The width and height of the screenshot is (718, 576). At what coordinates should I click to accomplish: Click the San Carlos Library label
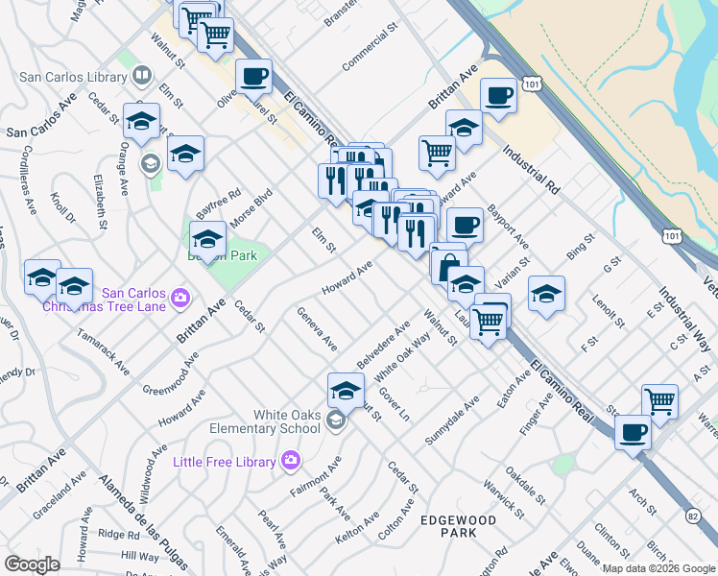point(73,77)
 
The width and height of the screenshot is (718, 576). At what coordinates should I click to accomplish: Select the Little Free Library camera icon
point(290,462)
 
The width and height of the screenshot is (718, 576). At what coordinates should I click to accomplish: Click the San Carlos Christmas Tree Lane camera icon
point(179,300)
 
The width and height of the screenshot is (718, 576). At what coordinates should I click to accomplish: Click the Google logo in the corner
point(32,564)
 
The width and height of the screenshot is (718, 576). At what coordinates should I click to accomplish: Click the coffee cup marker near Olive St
point(253,77)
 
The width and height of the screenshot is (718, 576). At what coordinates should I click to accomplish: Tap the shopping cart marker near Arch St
point(659,401)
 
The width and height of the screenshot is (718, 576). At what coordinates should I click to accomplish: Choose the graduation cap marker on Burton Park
point(207,238)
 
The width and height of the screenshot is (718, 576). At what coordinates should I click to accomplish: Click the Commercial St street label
point(370,47)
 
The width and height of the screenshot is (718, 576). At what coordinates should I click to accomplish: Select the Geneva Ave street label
point(317,328)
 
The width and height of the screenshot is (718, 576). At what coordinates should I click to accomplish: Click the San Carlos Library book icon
point(141,75)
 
